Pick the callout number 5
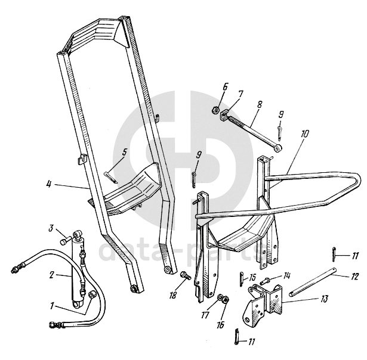tap(124, 152)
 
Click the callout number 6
tap(225, 87)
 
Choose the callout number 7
tap(240, 94)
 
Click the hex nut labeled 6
tap(214, 109)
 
